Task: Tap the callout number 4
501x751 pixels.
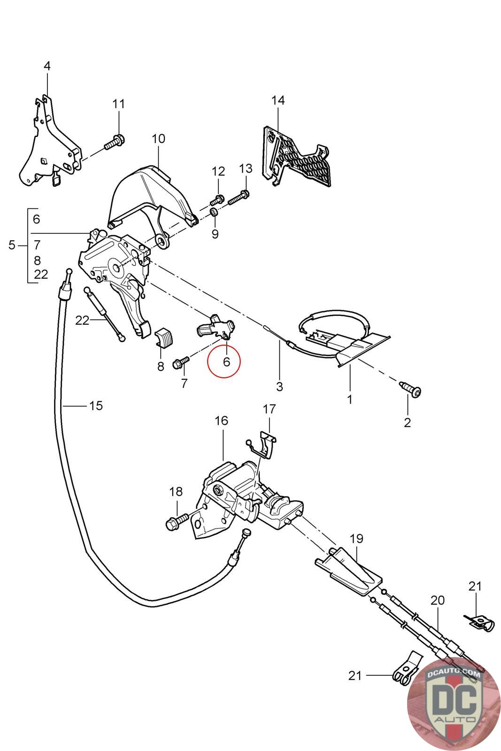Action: (x=47, y=66)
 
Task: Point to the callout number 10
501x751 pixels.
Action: (x=159, y=139)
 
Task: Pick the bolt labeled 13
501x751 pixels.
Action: (x=239, y=198)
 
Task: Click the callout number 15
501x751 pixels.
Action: (x=96, y=405)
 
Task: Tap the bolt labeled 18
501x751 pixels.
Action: (x=177, y=521)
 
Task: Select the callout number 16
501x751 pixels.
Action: (x=222, y=421)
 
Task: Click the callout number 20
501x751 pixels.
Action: (x=437, y=600)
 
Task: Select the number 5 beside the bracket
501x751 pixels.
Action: (x=12, y=245)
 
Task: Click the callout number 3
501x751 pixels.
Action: (x=279, y=387)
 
